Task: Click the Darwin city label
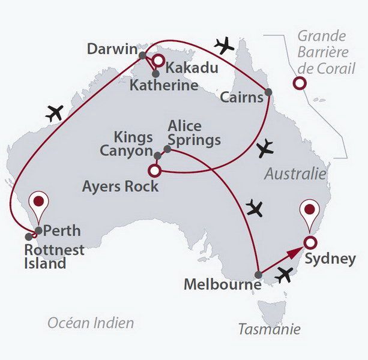coord(112,49)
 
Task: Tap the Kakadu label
coord(192,68)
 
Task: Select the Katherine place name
coord(164,85)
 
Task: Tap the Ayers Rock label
coord(121,186)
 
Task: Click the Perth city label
coord(62,230)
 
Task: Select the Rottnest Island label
coord(54,256)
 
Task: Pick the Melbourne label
coord(222,284)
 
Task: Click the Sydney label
coord(330,259)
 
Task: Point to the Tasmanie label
coord(269,329)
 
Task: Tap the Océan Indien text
coord(91,323)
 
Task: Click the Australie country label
coord(295,174)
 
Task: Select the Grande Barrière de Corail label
coord(322,52)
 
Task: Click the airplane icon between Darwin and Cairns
coord(225,45)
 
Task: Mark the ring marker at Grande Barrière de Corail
coord(298,83)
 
